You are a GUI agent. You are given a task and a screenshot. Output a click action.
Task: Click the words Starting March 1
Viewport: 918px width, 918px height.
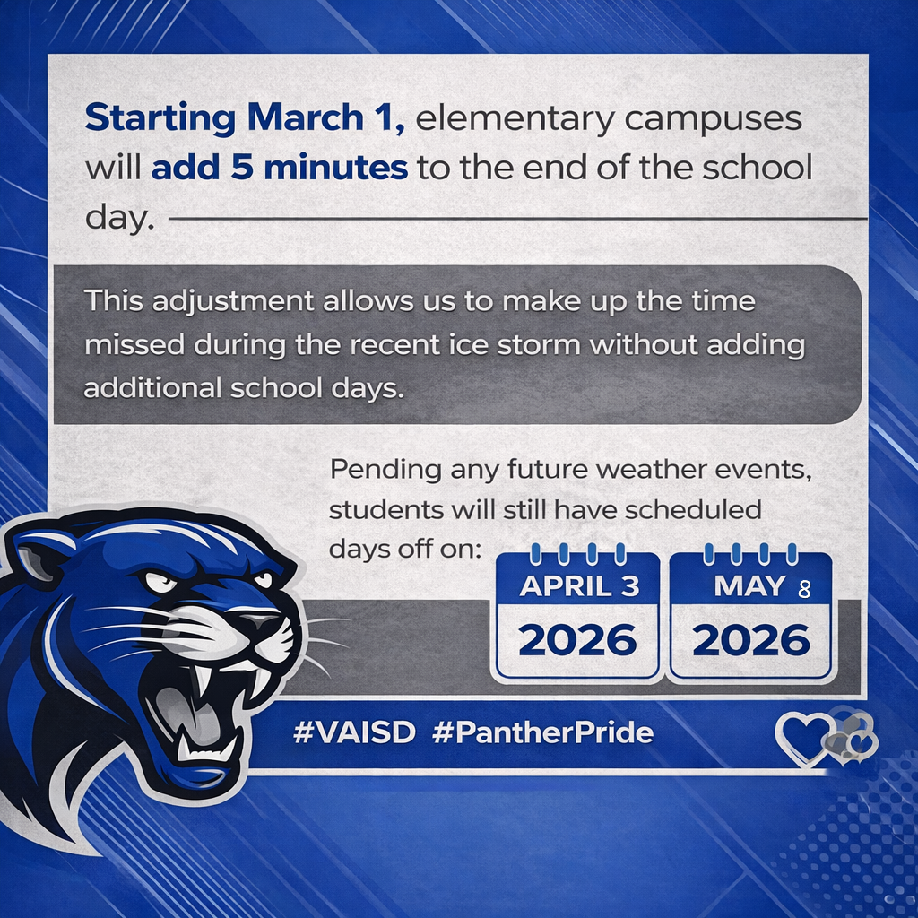pyautogui.click(x=245, y=118)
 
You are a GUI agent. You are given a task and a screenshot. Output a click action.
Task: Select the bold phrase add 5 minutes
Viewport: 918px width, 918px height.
pyautogui.click(x=280, y=168)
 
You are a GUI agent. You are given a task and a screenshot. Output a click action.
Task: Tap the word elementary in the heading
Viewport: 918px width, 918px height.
pyautogui.click(x=515, y=119)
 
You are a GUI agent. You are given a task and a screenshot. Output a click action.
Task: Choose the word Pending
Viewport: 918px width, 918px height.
pyautogui.click(x=385, y=470)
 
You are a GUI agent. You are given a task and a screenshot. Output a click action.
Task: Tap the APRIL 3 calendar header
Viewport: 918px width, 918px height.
pyautogui.click(x=579, y=586)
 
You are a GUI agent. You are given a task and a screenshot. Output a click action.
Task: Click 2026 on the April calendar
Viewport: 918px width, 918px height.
pyautogui.click(x=577, y=640)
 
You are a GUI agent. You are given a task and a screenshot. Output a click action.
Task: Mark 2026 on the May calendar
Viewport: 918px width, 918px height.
pyautogui.click(x=751, y=640)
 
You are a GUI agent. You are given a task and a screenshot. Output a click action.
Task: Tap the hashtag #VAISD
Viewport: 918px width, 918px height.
pyautogui.click(x=354, y=732)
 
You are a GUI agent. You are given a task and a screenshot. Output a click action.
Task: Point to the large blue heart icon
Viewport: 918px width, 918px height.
pyautogui.click(x=803, y=738)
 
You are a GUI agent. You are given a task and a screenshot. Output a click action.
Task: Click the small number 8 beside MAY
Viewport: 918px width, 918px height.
pyautogui.click(x=804, y=589)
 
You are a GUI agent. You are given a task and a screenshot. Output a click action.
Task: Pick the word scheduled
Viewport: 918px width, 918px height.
pyautogui.click(x=693, y=510)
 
